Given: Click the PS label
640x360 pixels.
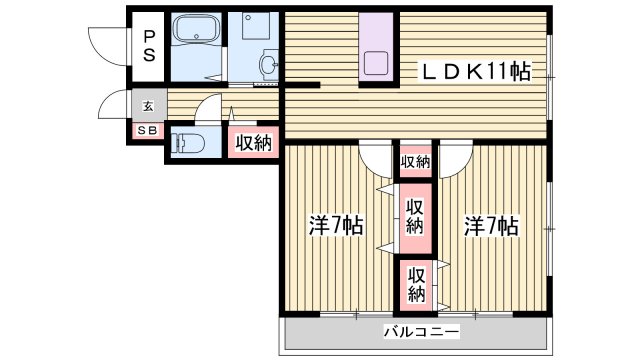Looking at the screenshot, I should point(148,44).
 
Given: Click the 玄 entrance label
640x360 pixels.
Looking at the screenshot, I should point(147,106).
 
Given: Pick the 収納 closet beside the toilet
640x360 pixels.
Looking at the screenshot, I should point(253,143).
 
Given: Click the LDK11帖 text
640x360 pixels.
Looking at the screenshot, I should point(475,71).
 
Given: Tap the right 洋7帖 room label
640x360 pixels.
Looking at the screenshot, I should point(490,227).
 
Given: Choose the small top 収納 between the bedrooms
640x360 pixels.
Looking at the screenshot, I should point(416,162).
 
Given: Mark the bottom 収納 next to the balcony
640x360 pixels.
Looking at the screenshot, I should point(416,284).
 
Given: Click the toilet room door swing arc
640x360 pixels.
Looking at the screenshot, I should point(208,108).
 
